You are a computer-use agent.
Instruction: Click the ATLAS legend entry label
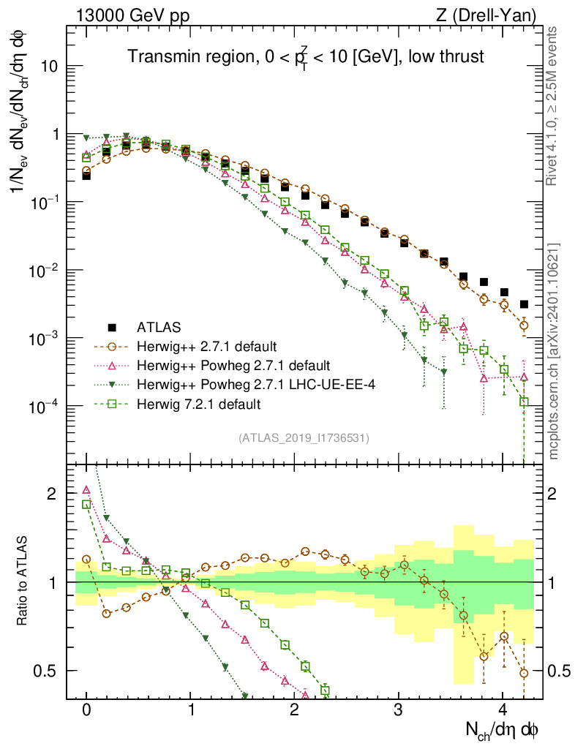pyautogui.click(x=157, y=327)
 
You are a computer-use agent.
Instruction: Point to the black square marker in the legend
pyautogui.click(x=112, y=327)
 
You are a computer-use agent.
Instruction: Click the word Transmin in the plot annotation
pyautogui.click(x=160, y=56)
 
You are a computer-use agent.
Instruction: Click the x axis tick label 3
pyautogui.click(x=399, y=710)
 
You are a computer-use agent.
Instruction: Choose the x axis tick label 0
pyautogui.click(x=86, y=710)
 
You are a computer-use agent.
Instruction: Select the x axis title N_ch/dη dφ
pyautogui.click(x=503, y=729)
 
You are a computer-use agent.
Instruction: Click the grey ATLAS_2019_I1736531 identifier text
pyautogui.click(x=304, y=438)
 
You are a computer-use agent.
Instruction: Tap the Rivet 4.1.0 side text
pyautogui.click(x=555, y=106)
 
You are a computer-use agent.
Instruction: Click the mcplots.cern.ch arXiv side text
pyautogui.click(x=555, y=351)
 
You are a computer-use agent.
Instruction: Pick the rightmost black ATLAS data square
pyautogui.click(x=524, y=304)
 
